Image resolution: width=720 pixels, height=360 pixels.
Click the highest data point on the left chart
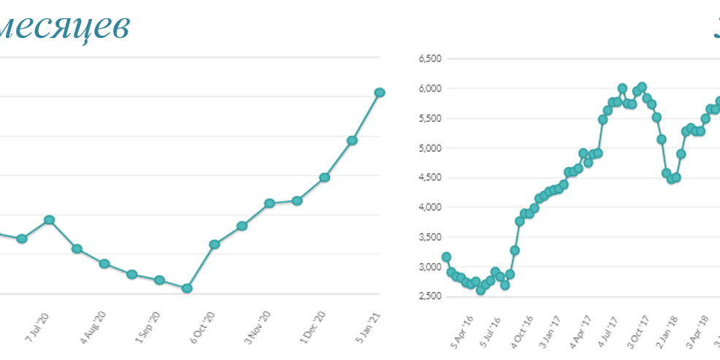(380, 92)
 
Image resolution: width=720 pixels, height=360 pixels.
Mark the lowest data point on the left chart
(187, 288)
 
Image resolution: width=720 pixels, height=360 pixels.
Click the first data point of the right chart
(446, 257)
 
